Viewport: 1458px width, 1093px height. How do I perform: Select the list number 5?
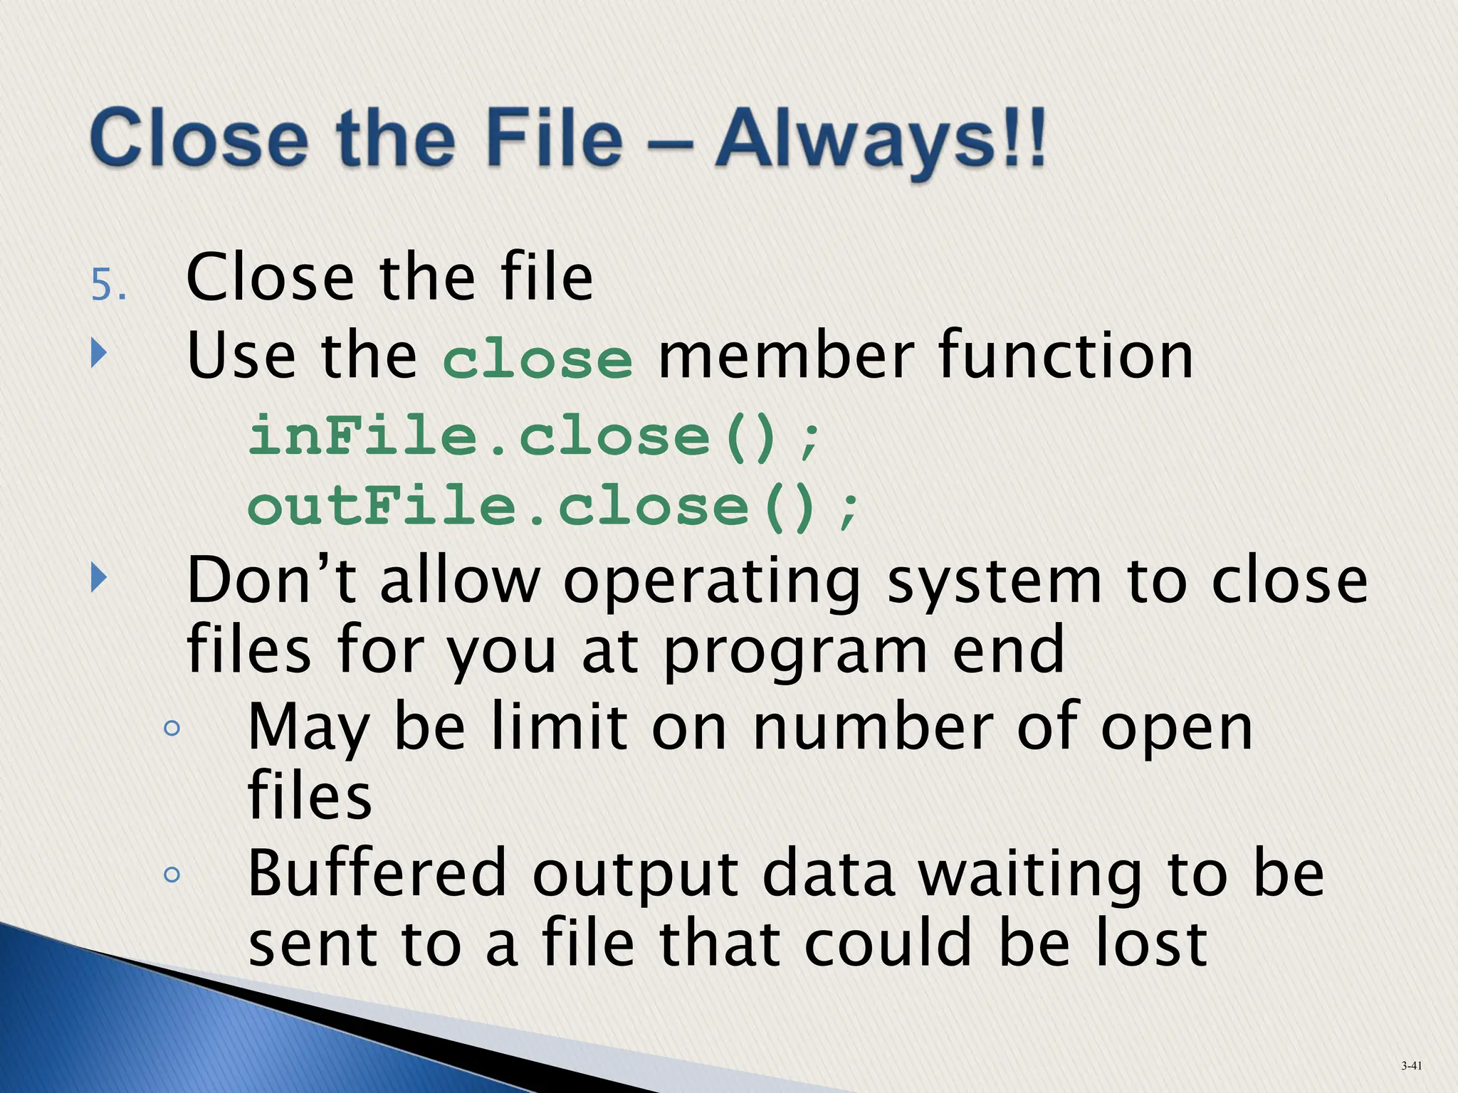point(108,285)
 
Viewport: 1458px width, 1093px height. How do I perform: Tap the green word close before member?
point(537,359)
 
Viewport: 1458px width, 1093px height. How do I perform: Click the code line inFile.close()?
point(534,435)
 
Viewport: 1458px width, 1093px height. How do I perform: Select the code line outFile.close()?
point(554,507)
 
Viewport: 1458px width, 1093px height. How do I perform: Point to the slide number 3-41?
point(1412,1065)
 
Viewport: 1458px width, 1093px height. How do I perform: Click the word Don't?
point(271,581)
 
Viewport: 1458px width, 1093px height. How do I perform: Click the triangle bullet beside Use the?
point(99,354)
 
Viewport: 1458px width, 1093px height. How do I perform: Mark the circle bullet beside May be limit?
point(171,728)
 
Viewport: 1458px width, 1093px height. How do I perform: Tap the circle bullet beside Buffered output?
point(171,874)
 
